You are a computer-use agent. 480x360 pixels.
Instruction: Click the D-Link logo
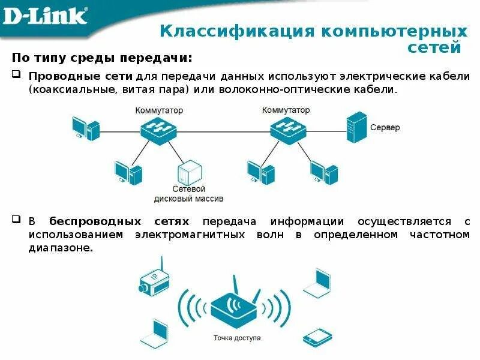tap(45, 16)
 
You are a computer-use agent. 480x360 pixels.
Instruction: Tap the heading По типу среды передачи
tap(103, 58)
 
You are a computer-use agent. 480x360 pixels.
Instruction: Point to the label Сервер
tap(385, 128)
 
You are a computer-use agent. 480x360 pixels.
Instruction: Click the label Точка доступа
tap(237, 338)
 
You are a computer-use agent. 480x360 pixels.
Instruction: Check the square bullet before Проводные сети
tap(17, 76)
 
